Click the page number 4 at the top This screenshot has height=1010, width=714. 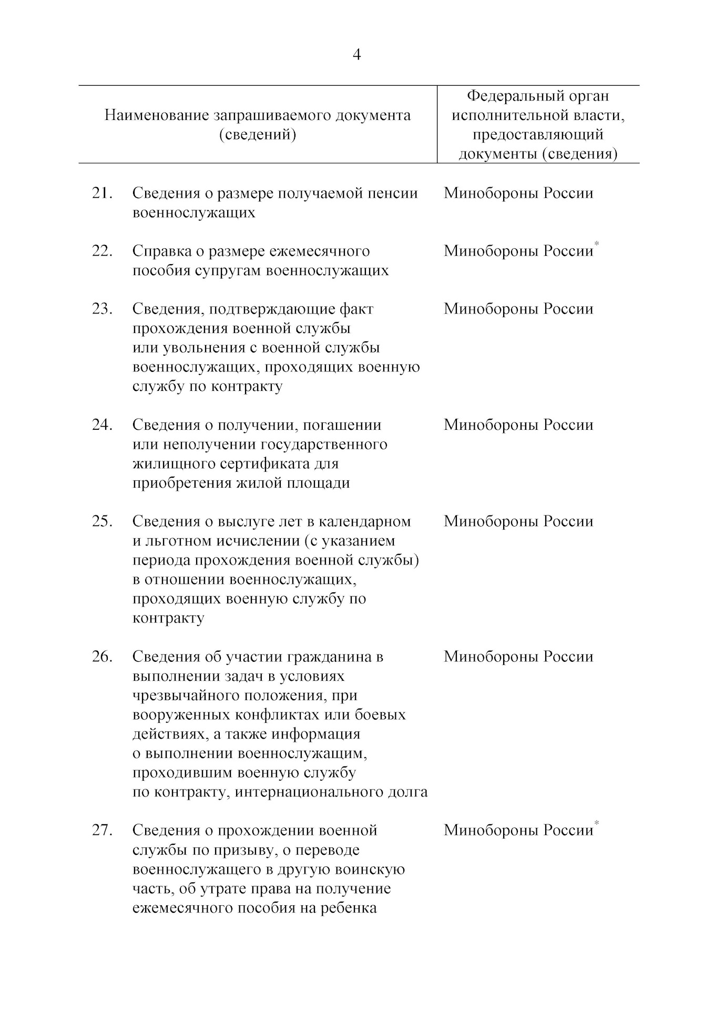[356, 55]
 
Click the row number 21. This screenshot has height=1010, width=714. [102, 193]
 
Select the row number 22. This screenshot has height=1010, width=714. [102, 251]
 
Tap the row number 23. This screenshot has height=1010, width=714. [102, 309]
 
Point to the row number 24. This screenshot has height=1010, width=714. [102, 425]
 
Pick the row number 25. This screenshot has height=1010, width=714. [102, 521]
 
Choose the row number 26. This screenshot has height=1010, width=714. [102, 656]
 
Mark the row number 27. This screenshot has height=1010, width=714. [102, 830]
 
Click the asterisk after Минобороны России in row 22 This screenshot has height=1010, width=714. [596, 244]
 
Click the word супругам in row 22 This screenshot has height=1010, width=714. [229, 270]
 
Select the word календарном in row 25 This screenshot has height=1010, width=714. [370, 521]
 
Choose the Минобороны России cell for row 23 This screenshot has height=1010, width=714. [518, 309]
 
